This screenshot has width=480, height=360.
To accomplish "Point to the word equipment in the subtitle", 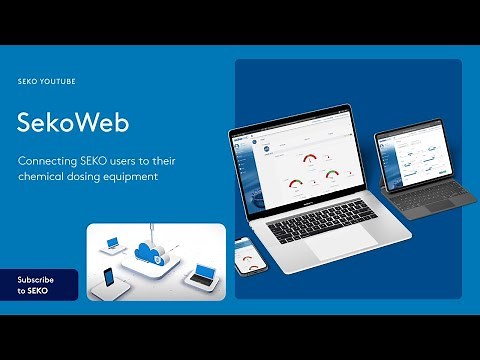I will pyautogui.click(x=131, y=177).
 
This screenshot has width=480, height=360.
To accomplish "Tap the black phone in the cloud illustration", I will pyautogui.click(x=108, y=277).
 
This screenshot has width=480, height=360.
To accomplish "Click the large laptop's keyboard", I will pyautogui.click(x=322, y=222).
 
